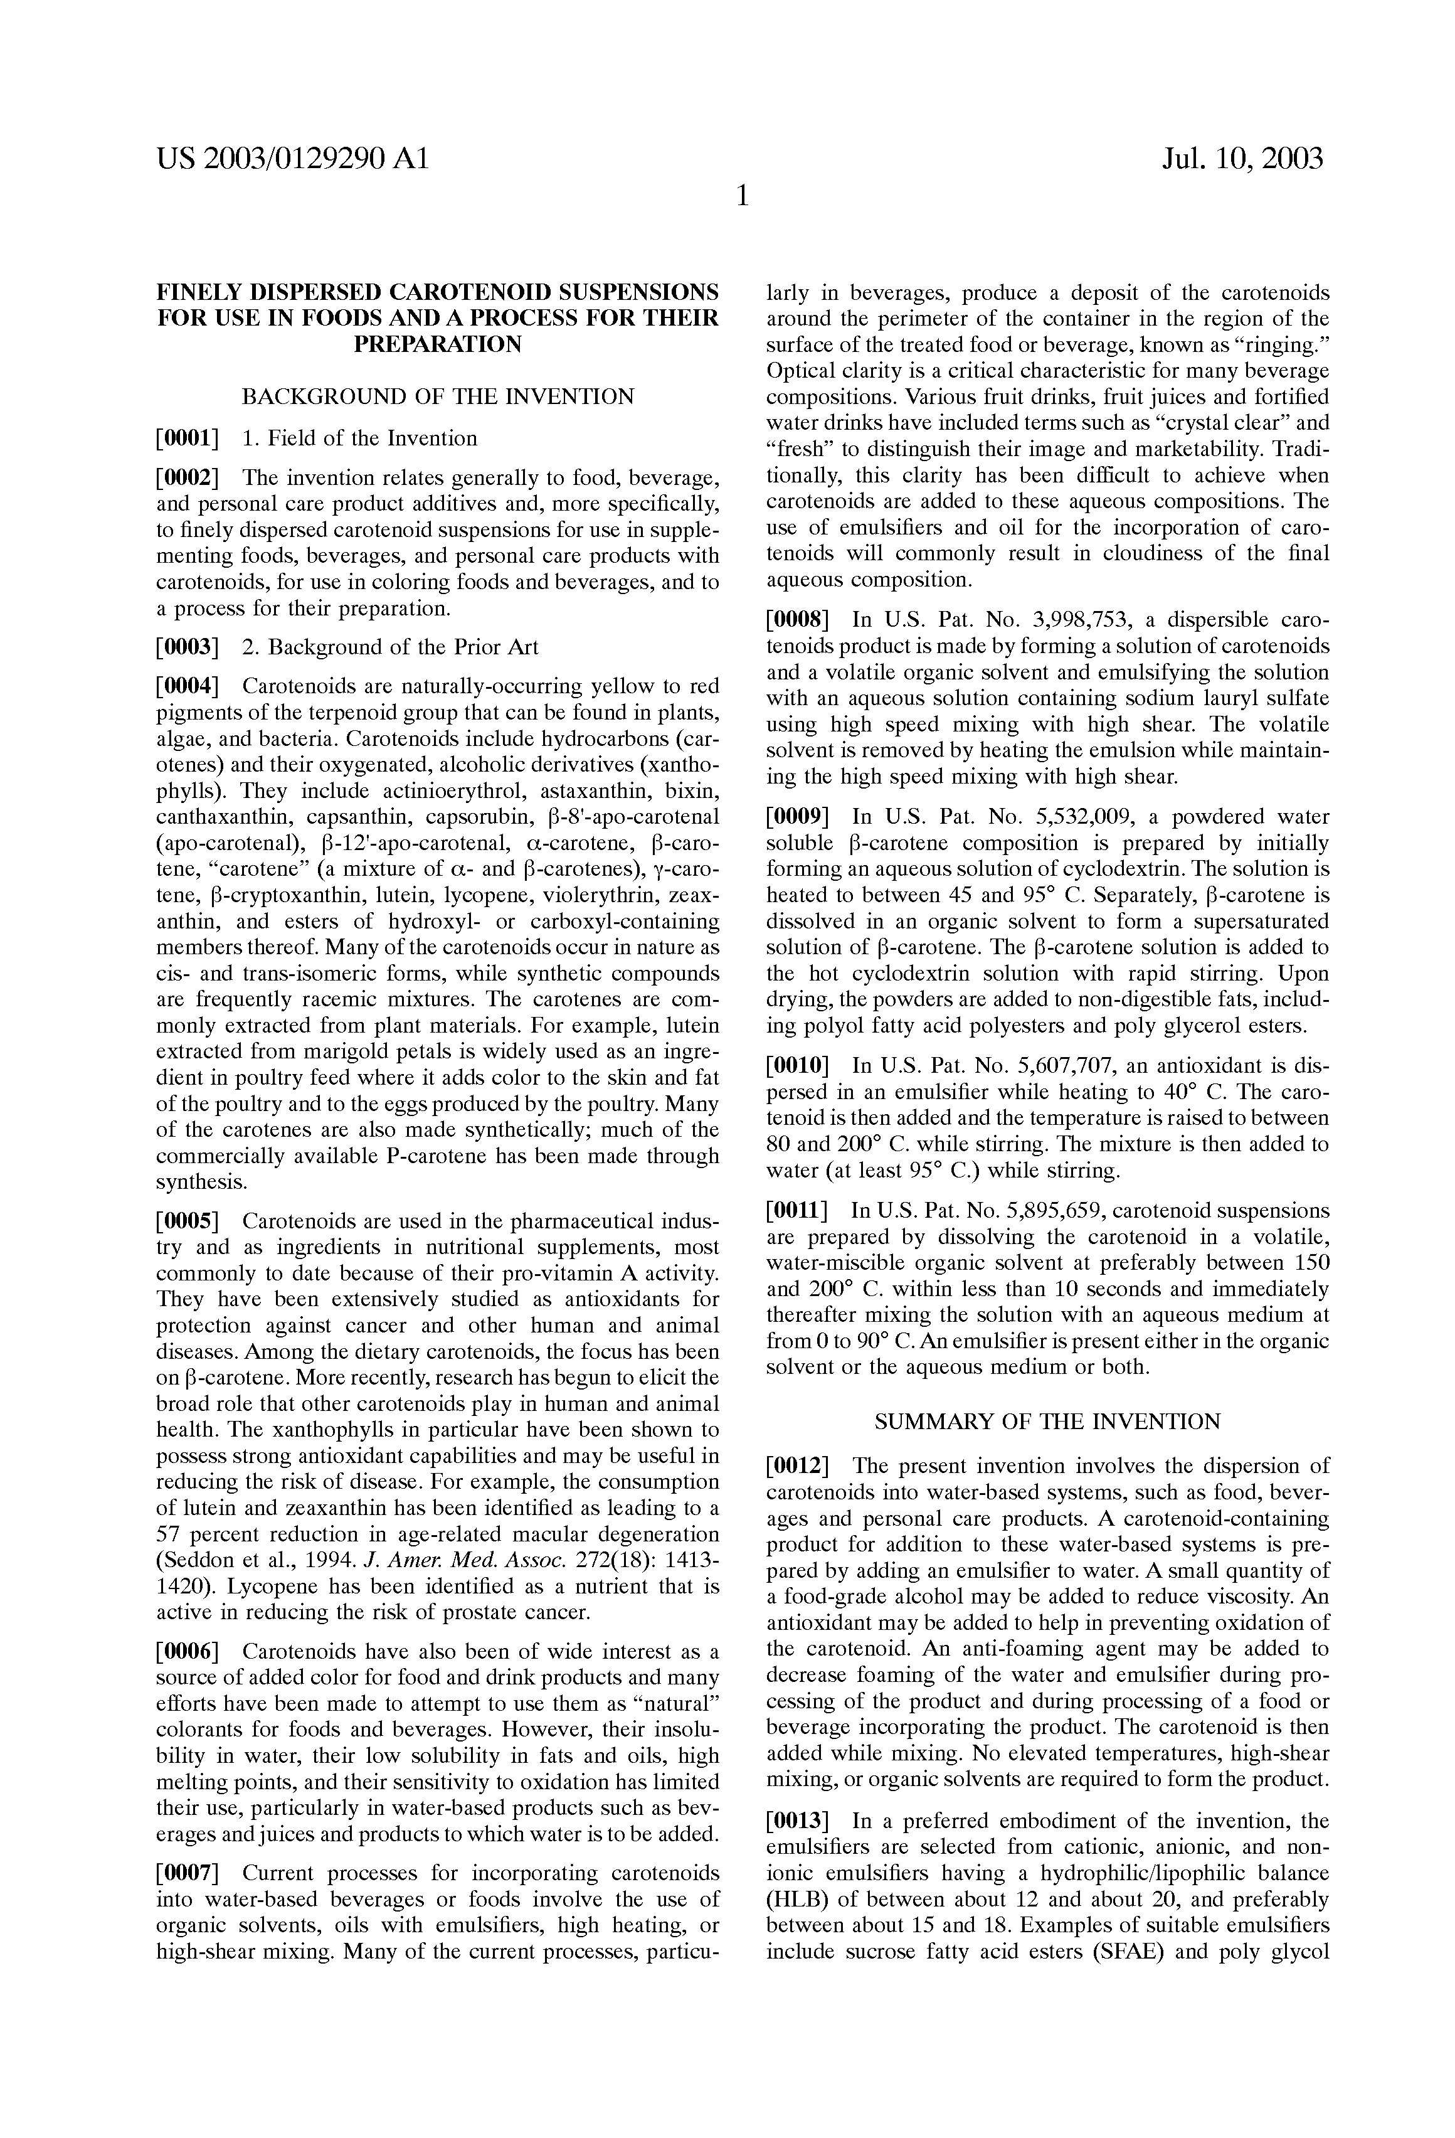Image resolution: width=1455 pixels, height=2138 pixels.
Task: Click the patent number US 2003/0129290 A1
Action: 292,160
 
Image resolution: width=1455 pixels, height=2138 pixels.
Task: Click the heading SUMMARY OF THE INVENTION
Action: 1047,1422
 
